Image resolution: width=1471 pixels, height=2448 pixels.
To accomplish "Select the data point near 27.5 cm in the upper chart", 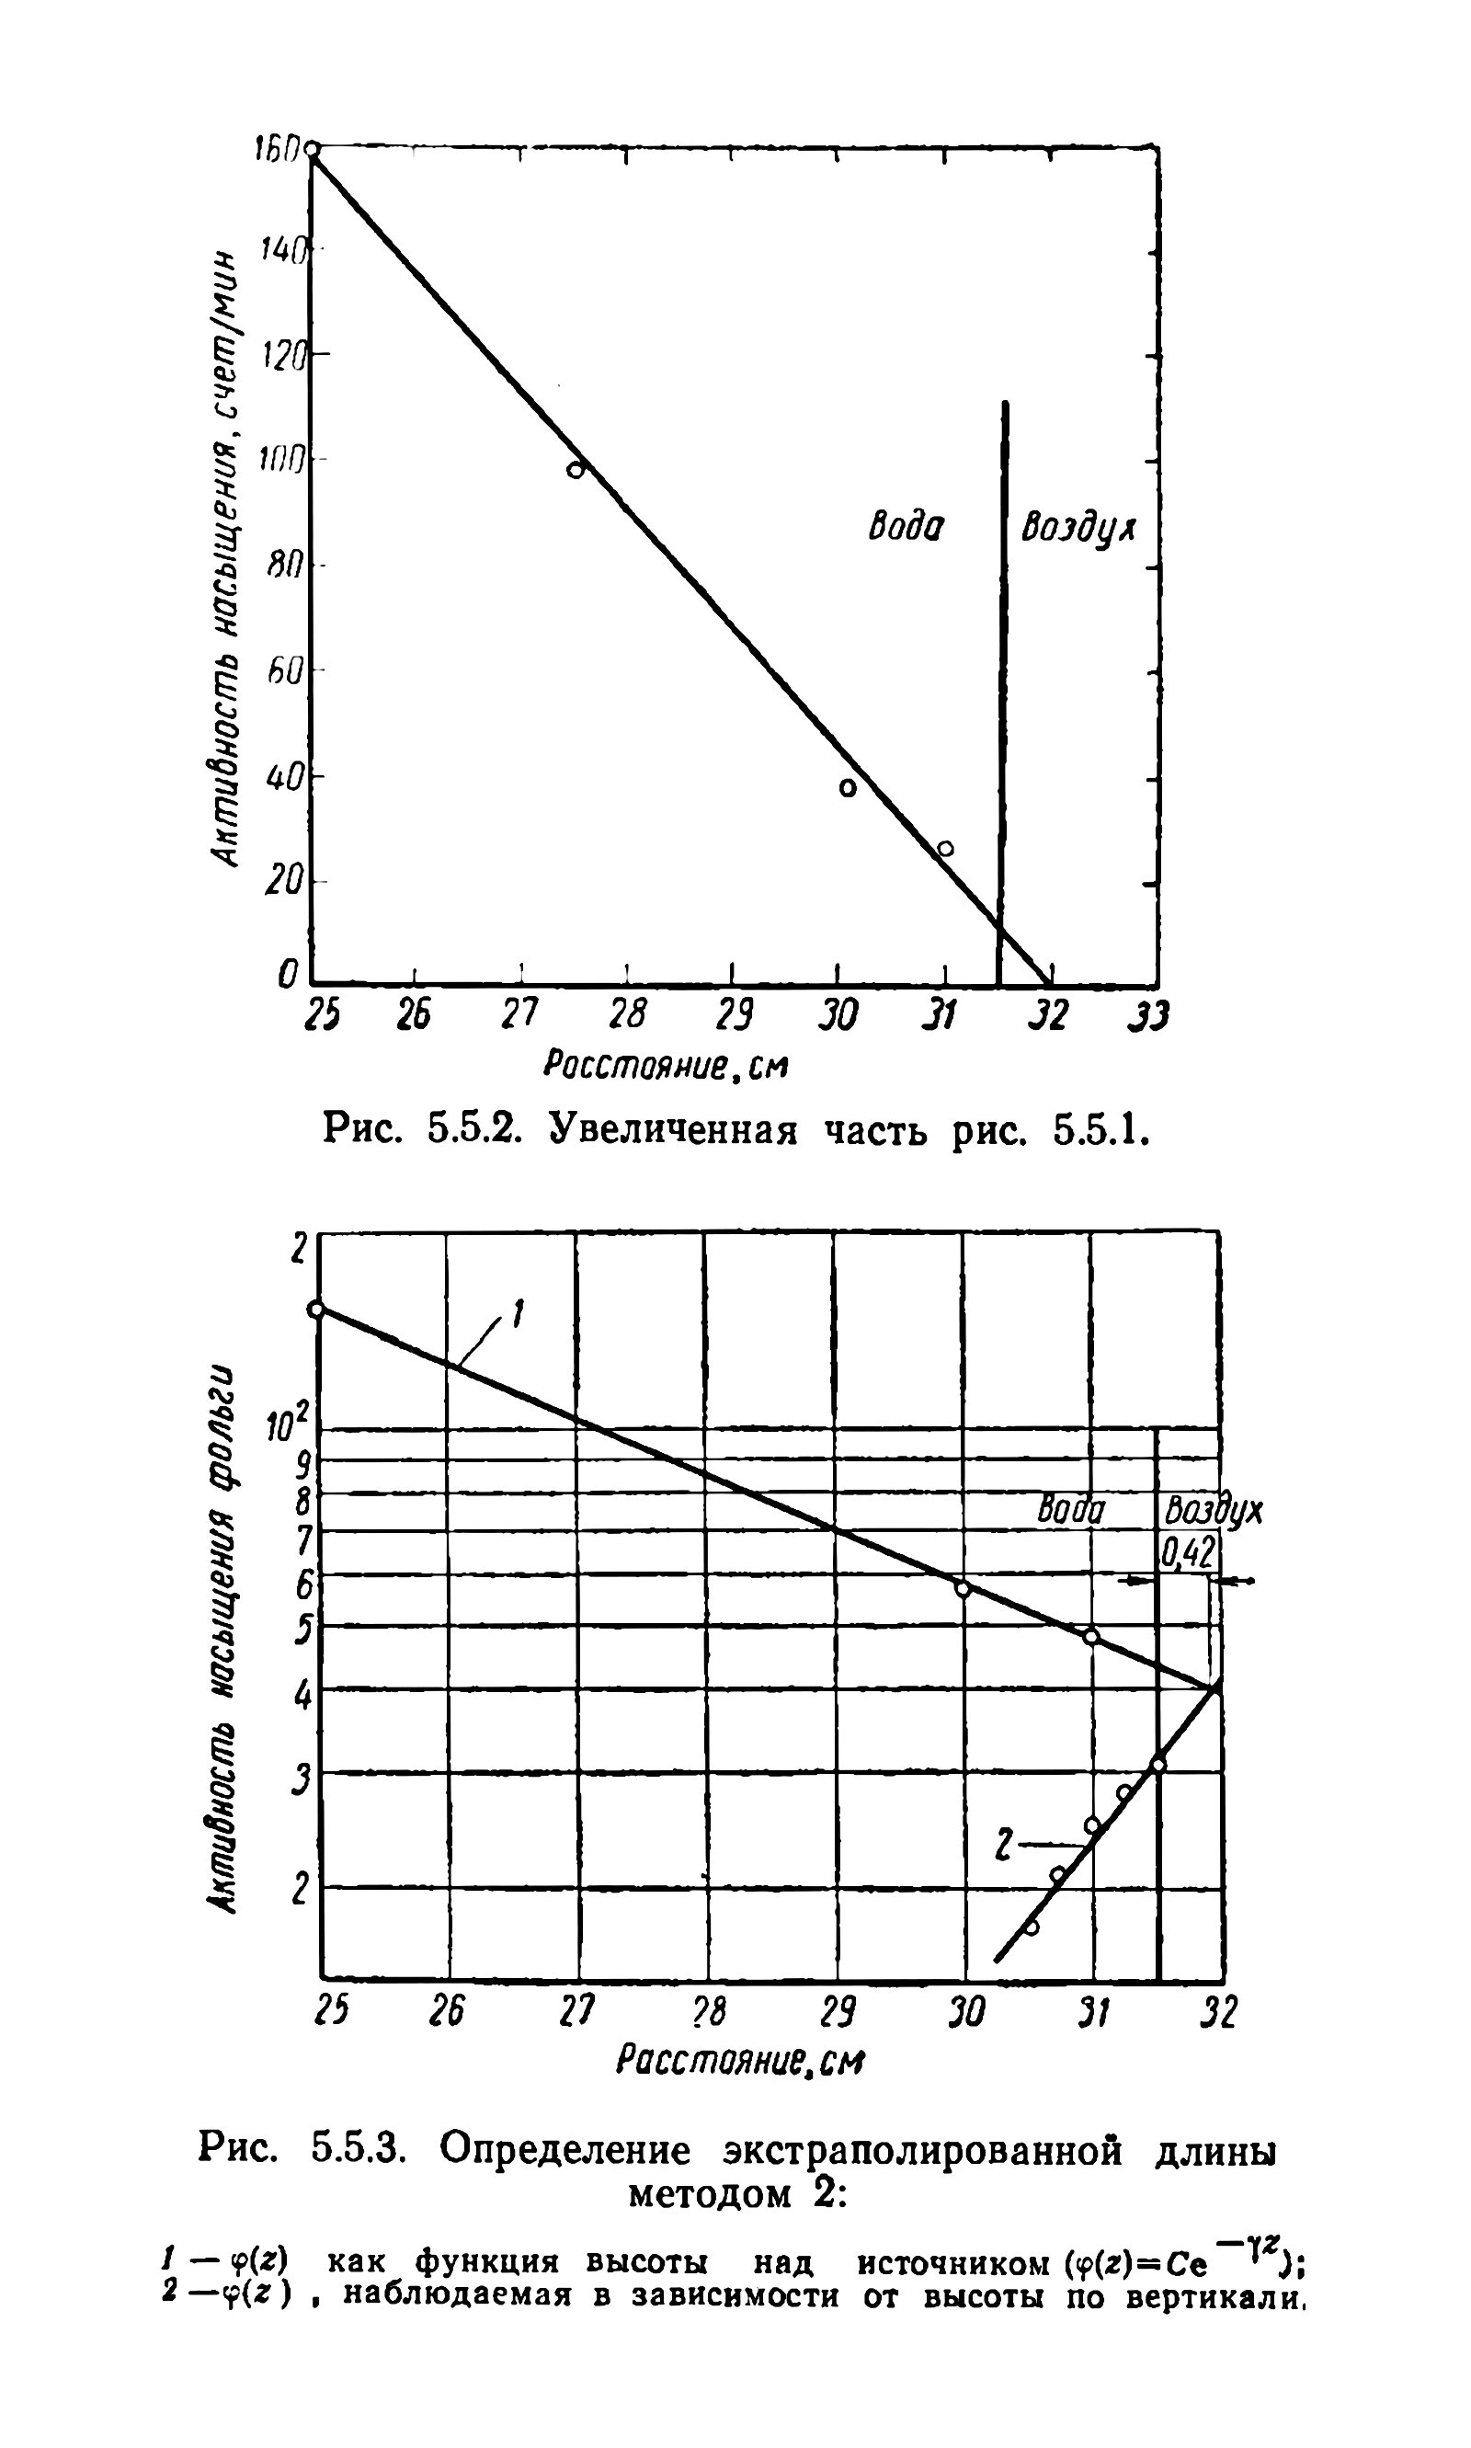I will coord(575,470).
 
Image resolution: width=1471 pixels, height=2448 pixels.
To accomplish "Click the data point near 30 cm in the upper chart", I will coord(848,788).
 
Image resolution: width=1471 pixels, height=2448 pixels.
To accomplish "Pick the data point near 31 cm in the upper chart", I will coord(946,849).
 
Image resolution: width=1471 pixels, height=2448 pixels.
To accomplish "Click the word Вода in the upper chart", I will coord(906,527).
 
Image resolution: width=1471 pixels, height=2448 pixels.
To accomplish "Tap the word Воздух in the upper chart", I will coord(1078,528).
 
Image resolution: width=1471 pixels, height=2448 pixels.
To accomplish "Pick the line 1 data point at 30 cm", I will coord(963,1588).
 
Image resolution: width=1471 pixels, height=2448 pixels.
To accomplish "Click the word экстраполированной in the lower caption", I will coord(923,2151).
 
